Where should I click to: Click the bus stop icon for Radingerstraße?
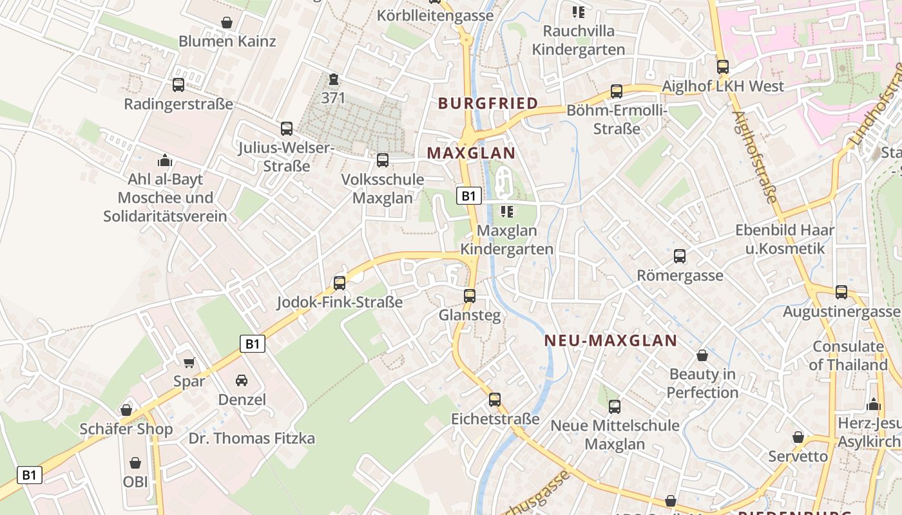coord(178,84)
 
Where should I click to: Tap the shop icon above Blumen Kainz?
coord(227,23)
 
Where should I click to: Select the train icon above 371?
coord(333,79)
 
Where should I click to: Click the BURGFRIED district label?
coord(488,103)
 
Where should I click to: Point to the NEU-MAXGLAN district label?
coord(611,341)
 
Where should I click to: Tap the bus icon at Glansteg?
coord(470,296)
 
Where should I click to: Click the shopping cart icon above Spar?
coord(189,363)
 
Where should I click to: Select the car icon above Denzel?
coord(242,380)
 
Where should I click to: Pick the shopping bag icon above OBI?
coord(135,463)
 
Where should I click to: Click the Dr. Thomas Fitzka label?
coord(252,438)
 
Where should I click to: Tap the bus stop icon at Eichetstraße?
coord(494,400)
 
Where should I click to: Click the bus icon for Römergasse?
coord(680,256)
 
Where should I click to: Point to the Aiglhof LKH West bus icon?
coord(723,67)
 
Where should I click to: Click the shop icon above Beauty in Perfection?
coord(702,355)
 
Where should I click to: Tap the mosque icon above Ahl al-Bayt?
coord(165,160)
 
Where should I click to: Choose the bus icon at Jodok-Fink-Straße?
coord(339,283)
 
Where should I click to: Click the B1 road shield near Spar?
coord(252,344)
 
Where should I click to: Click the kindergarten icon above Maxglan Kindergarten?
coord(507,211)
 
